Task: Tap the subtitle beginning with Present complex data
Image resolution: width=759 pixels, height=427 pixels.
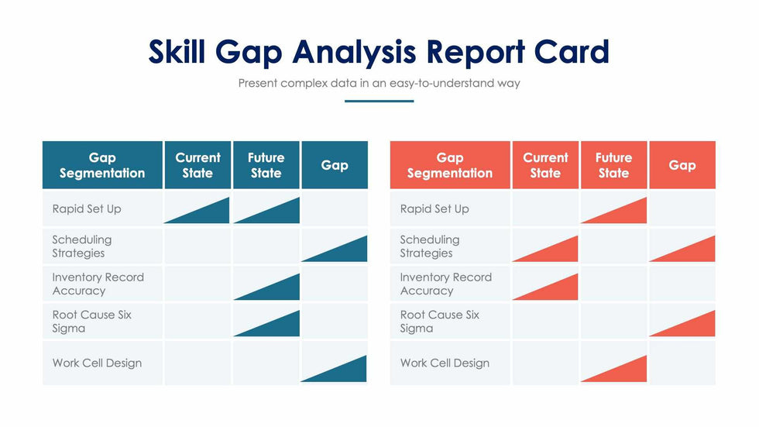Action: (379, 83)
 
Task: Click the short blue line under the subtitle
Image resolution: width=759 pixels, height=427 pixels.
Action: (379, 101)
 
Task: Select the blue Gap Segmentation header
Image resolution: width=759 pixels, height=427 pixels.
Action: (102, 165)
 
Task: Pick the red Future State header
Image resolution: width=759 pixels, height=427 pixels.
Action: (613, 165)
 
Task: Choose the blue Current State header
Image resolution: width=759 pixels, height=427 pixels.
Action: (197, 165)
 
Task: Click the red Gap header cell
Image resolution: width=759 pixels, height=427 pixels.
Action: (682, 165)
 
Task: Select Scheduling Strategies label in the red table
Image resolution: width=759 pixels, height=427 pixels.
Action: (430, 246)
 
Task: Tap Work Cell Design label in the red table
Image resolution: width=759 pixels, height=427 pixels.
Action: (445, 363)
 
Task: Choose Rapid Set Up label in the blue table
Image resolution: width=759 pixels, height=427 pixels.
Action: (87, 208)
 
